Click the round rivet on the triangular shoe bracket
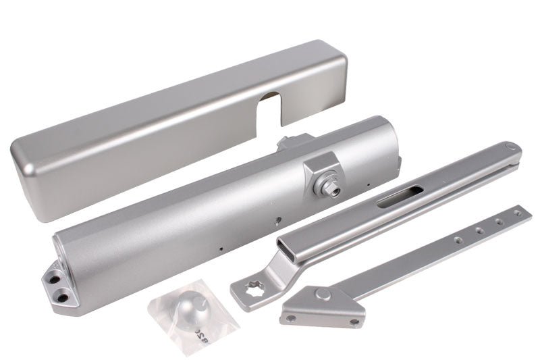tap(325, 294)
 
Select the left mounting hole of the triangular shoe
tap(292, 317)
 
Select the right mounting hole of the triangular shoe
tap(354, 322)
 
